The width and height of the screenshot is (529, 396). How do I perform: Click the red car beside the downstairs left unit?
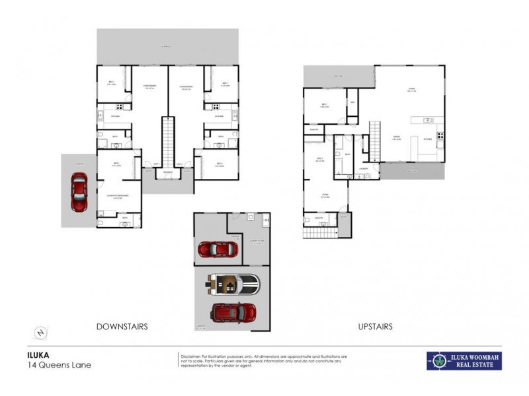coord(79,193)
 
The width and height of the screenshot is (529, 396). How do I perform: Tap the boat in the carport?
coord(231,284)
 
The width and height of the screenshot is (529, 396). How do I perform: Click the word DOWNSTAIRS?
coord(122,327)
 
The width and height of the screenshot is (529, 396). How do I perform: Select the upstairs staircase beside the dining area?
coord(375,140)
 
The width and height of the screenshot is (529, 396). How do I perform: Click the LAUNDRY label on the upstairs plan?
coord(363,168)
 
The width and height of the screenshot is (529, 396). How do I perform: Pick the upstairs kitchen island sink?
coord(427,119)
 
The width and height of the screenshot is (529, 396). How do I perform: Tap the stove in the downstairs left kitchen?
coord(120,107)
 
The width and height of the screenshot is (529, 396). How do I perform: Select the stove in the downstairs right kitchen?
coord(216,107)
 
